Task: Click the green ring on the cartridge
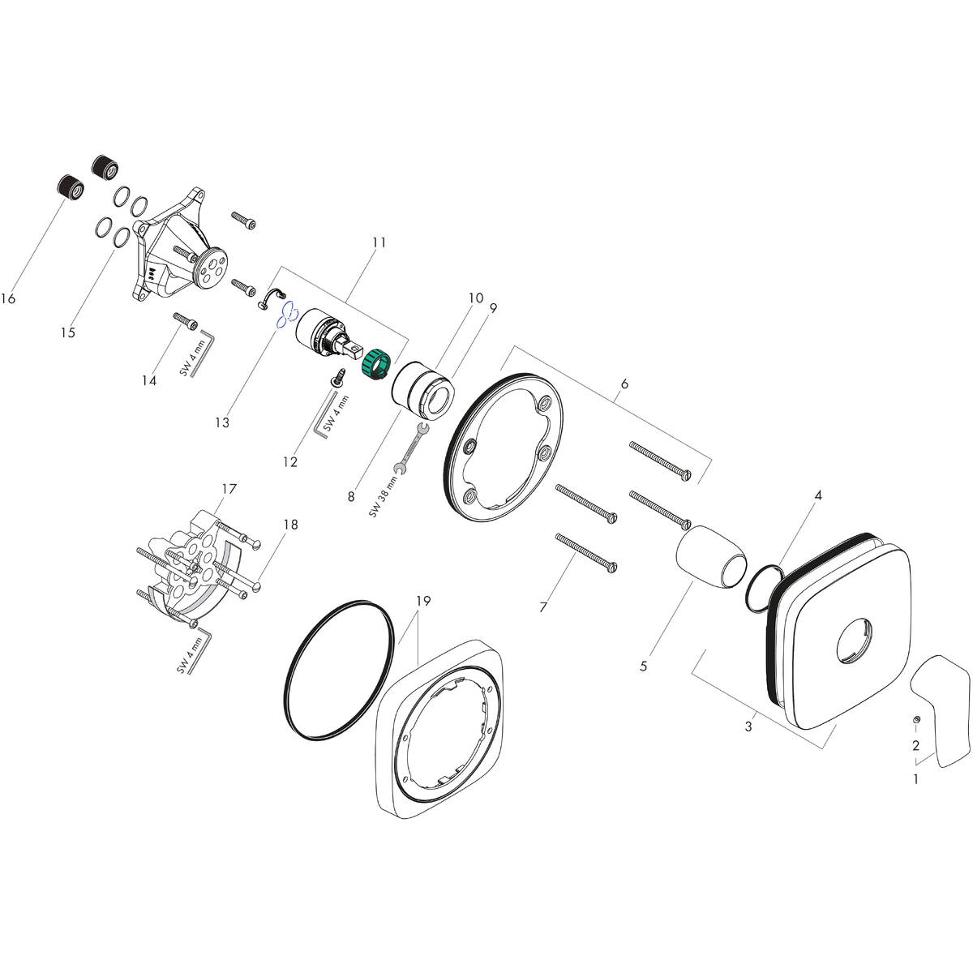click(376, 360)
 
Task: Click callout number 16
click(8, 299)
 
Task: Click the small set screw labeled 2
click(915, 720)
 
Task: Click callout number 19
click(423, 602)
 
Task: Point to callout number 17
click(229, 489)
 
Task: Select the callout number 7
click(544, 607)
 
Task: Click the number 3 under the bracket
click(748, 727)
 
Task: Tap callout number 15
click(67, 332)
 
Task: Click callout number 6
click(624, 383)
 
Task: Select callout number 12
click(289, 462)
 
